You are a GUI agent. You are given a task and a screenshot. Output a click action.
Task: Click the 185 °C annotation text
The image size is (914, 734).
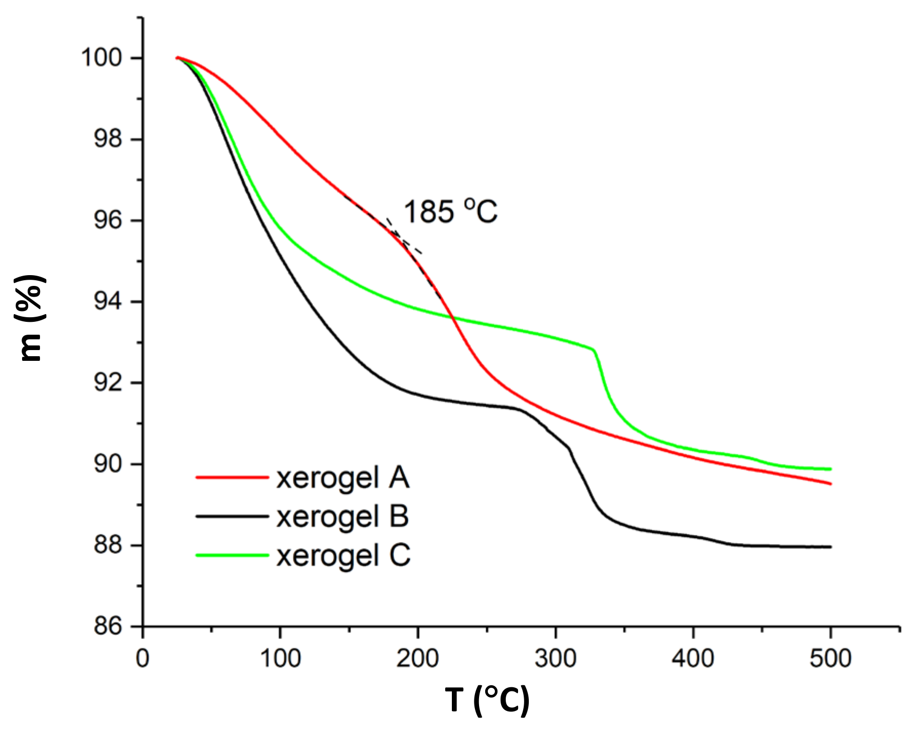point(450,211)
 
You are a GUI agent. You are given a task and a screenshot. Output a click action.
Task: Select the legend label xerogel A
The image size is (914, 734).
point(343,478)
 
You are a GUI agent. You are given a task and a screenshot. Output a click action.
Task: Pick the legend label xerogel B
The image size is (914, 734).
point(343,516)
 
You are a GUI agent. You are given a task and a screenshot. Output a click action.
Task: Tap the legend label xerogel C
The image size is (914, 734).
point(344,555)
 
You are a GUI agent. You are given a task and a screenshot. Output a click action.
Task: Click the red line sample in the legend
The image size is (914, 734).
point(232,477)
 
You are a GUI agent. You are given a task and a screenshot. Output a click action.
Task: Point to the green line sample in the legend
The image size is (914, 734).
point(232,555)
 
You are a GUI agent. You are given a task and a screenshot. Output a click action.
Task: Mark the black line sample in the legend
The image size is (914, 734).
point(232,516)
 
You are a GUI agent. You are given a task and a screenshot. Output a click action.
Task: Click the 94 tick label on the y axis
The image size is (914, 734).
point(108,301)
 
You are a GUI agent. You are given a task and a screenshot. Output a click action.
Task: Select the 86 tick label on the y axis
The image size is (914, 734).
point(108,626)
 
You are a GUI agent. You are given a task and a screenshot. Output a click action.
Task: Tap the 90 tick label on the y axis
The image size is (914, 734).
point(108,464)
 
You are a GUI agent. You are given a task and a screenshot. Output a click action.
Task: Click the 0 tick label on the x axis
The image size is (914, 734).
point(143,658)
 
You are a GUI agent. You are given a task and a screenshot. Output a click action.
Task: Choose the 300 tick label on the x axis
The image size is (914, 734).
point(555,658)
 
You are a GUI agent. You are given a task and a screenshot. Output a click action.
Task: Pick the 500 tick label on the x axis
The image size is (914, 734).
point(830,658)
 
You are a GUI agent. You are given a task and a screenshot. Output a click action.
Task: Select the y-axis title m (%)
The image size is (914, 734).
point(31,318)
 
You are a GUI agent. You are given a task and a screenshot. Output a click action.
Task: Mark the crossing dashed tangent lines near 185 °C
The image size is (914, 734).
point(398,236)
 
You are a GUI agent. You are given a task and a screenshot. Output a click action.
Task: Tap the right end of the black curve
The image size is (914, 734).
point(830,547)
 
